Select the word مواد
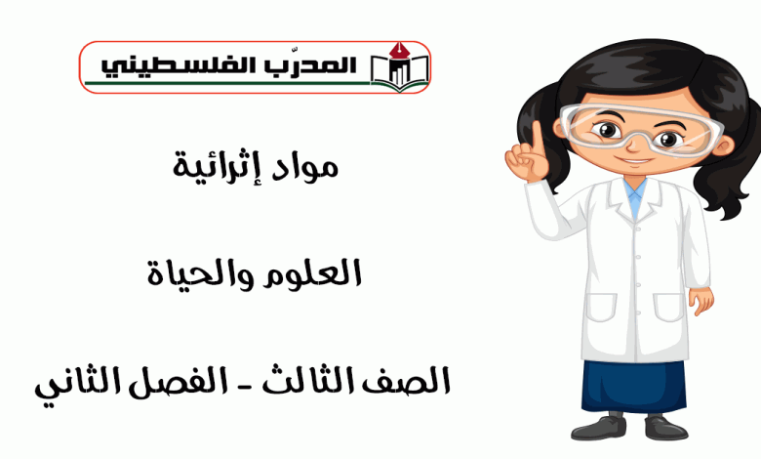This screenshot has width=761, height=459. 304,167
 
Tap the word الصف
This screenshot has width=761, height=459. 410,381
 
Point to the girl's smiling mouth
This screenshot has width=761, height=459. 634,160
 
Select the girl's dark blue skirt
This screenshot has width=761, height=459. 634,386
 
